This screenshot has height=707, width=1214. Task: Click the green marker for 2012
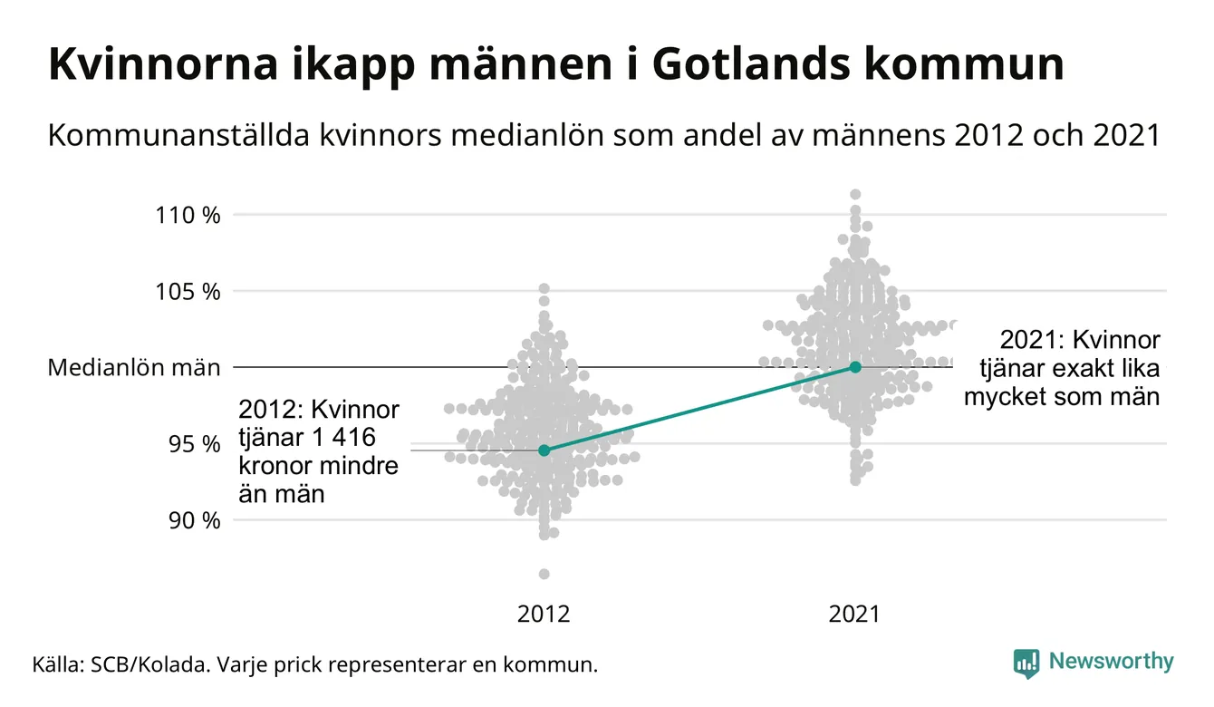(544, 450)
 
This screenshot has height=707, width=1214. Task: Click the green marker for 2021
(855, 366)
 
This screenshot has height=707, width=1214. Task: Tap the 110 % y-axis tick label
(188, 215)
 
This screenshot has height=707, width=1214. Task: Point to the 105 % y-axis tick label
(188, 291)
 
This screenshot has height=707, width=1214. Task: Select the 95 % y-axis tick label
(195, 443)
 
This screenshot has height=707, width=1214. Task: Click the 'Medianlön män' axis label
(134, 367)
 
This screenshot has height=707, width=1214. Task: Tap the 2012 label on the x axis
(544, 614)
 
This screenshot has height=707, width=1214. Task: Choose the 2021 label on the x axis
(854, 614)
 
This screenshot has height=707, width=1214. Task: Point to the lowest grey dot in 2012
(544, 574)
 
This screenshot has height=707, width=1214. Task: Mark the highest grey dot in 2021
(855, 194)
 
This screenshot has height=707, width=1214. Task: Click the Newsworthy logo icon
(1026, 663)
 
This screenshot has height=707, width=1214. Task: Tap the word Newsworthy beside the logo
(1111, 662)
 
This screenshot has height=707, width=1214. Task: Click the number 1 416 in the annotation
(342, 437)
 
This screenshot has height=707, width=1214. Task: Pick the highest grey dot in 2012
(544, 288)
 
